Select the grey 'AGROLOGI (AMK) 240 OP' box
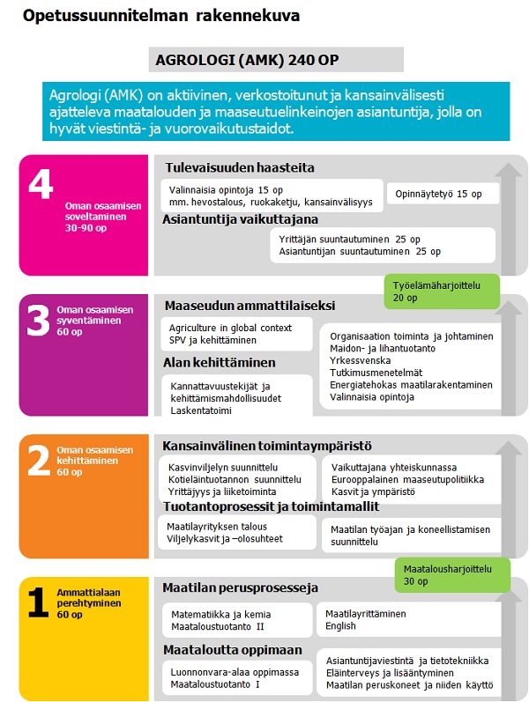coord(279,60)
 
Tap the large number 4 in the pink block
coord(40,187)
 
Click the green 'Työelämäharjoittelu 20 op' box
coord(441,292)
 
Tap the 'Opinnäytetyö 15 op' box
coord(443,194)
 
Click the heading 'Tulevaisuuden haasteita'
coord(239,167)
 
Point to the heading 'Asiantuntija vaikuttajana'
coord(240,219)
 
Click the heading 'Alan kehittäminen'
coord(220,362)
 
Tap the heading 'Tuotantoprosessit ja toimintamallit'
coord(271,506)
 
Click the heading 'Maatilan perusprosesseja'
coord(240,587)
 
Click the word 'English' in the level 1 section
coord(341,626)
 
